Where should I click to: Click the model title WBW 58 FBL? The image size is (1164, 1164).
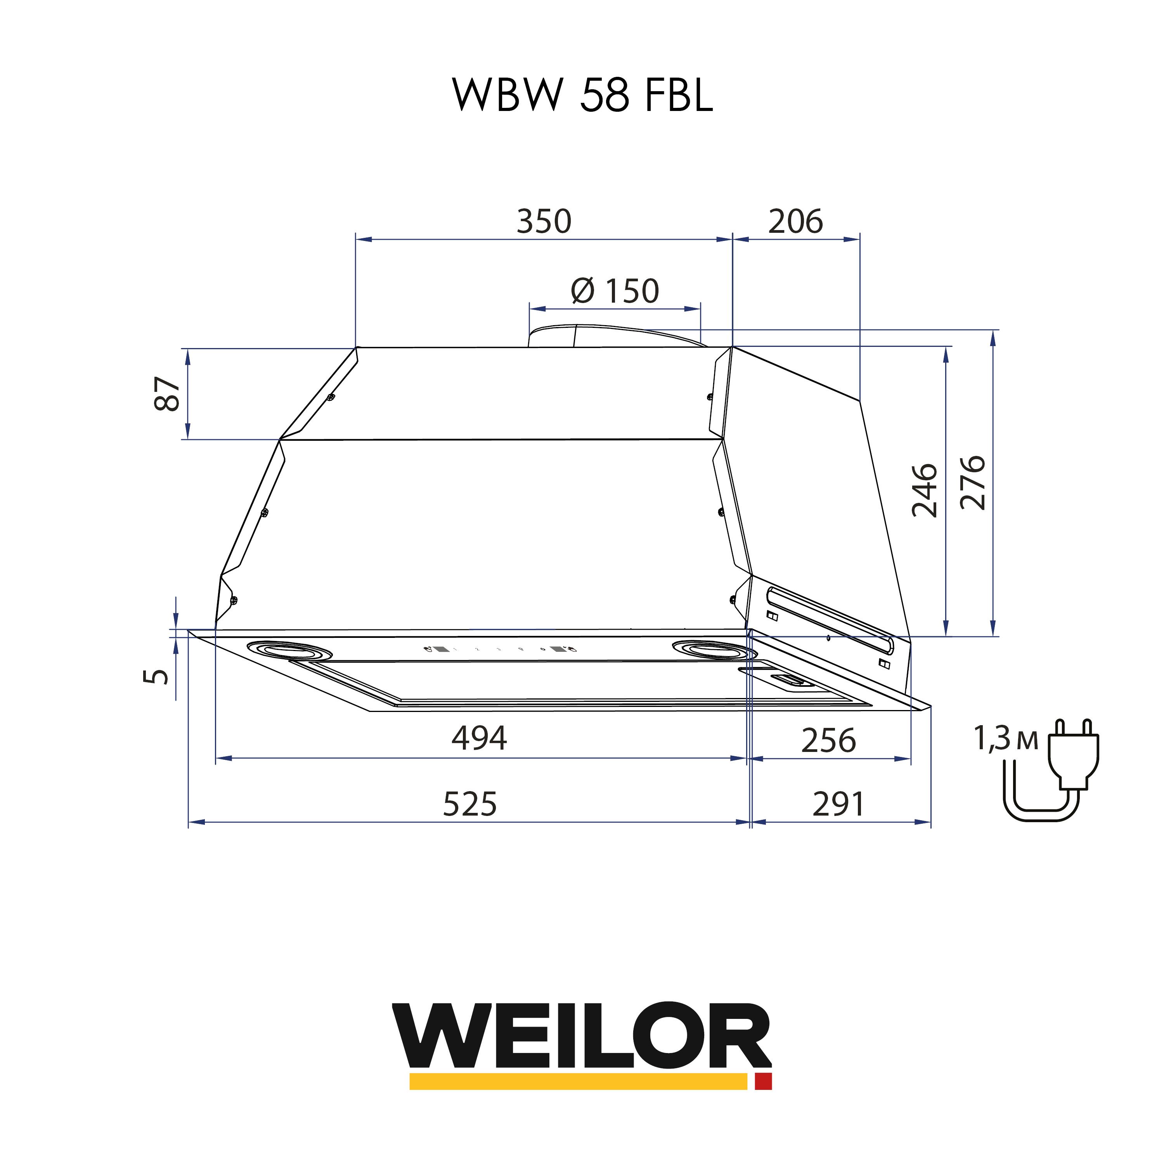click(x=583, y=95)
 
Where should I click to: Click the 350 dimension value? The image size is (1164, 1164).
click(x=544, y=221)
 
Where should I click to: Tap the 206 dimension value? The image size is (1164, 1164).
click(x=795, y=221)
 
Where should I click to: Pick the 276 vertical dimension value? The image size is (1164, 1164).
click(x=972, y=483)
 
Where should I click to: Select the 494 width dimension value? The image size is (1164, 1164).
click(x=480, y=738)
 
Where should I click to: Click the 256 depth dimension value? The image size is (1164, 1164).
click(x=828, y=740)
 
